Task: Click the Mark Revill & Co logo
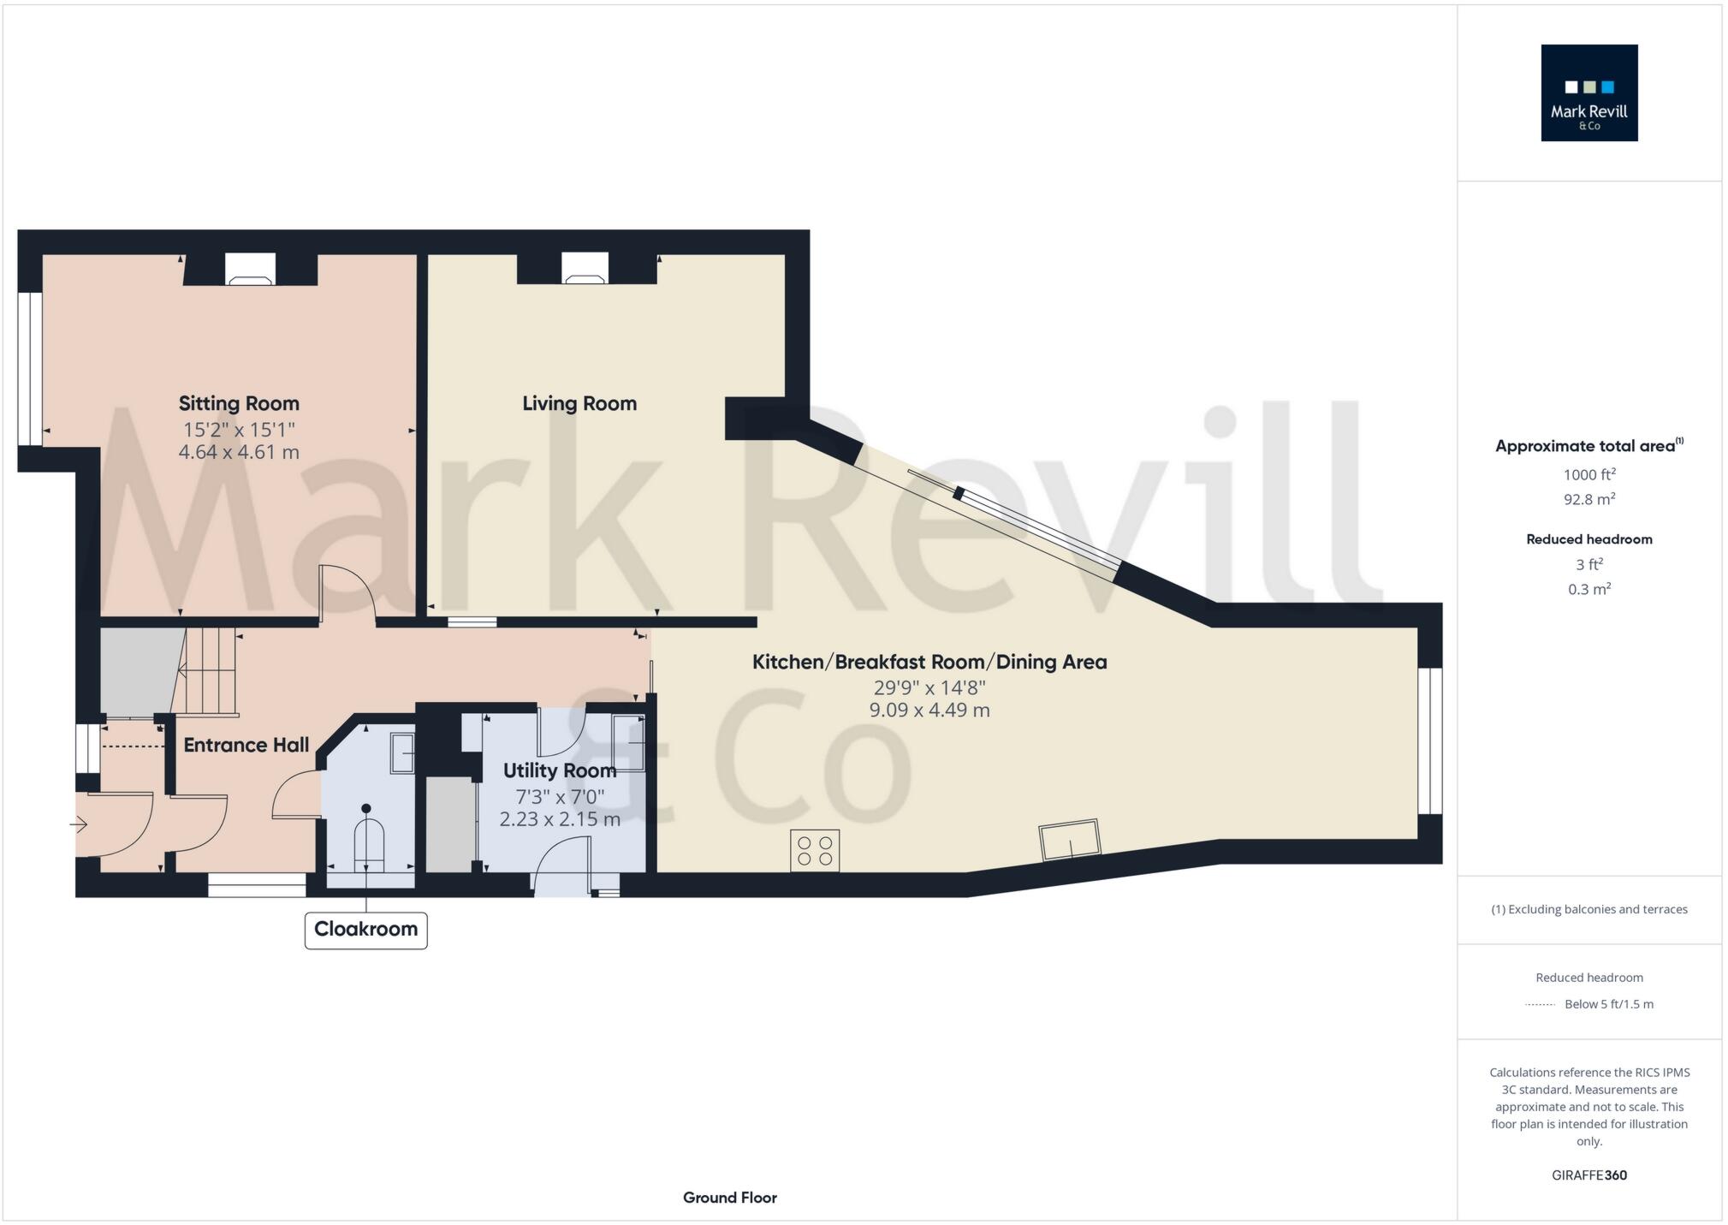pos(1588,92)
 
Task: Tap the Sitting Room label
pos(239,403)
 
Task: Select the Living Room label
pos(579,403)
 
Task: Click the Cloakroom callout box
pos(365,929)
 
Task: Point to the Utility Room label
pos(559,770)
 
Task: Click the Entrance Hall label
pos(246,745)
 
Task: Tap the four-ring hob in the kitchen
pos(815,851)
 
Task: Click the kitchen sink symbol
pos(1070,840)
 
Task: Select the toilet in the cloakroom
pos(368,842)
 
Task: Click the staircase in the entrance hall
pos(208,671)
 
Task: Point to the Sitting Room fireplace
pos(250,270)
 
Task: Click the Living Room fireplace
pos(585,269)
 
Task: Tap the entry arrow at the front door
pos(78,825)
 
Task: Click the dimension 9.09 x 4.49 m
pos(929,710)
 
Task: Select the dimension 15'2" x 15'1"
pos(239,430)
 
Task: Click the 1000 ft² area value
pos(1588,475)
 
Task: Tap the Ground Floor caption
pos(729,1198)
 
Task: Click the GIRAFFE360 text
pos(1588,1175)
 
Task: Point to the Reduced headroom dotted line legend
pos(1540,1004)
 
